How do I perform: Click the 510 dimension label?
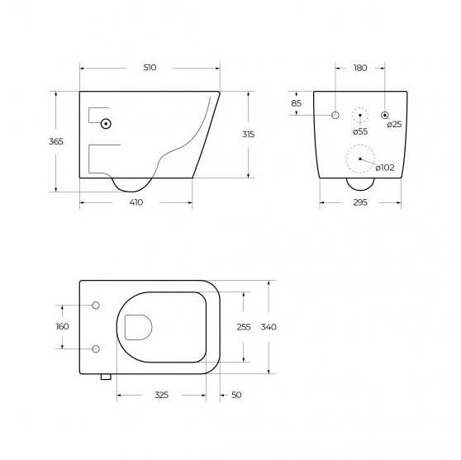coord(150,68)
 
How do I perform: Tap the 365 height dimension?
coord(56,141)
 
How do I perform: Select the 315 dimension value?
coord(248,135)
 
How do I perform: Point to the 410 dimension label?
coord(136,202)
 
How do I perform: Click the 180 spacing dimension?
coord(360,68)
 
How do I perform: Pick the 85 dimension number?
coord(297,103)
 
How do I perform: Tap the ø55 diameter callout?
coord(360,131)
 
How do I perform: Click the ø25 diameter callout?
coord(394,125)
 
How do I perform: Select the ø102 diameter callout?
coord(385,168)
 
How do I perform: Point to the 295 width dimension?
coord(360,202)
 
